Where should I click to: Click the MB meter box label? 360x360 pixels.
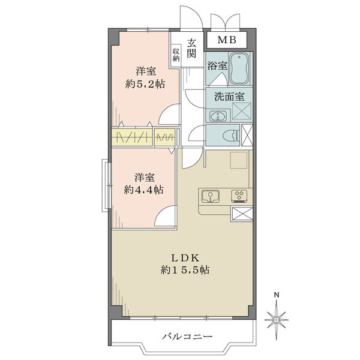tap(227, 40)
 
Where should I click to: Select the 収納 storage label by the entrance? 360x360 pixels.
tap(176, 55)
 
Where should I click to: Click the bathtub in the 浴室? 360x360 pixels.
tap(239, 69)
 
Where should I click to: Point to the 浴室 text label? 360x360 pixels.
tap(217, 66)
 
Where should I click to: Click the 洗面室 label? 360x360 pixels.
tap(229, 97)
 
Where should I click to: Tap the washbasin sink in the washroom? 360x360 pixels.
tap(217, 116)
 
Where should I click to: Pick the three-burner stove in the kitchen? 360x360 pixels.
tap(239, 196)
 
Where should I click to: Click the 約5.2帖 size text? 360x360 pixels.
tap(145, 84)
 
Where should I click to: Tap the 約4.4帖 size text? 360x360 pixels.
tap(144, 190)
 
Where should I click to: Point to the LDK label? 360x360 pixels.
tap(185, 258)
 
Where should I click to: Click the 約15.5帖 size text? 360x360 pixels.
tap(185, 270)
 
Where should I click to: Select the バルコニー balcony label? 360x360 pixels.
tap(188, 337)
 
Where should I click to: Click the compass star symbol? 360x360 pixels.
tap(277, 320)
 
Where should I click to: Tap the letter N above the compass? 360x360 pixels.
tap(277, 295)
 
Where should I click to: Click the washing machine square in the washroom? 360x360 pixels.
tap(242, 111)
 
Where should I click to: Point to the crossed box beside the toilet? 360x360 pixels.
tap(247, 136)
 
